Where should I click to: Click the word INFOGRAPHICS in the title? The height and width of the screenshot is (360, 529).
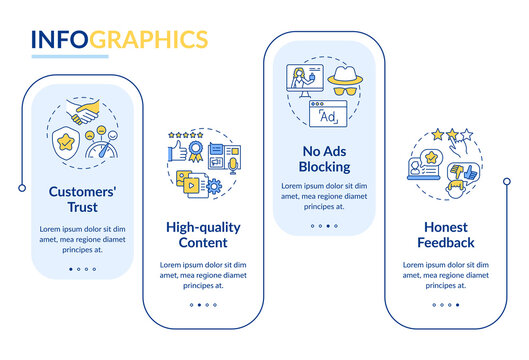tap(119, 39)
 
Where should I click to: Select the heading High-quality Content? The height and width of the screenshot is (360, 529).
tap(203, 235)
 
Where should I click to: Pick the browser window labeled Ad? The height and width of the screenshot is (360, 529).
tap(327, 117)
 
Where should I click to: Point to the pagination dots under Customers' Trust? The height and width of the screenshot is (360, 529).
tap(82, 268)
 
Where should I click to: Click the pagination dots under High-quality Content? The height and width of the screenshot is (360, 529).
tap(202, 304)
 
